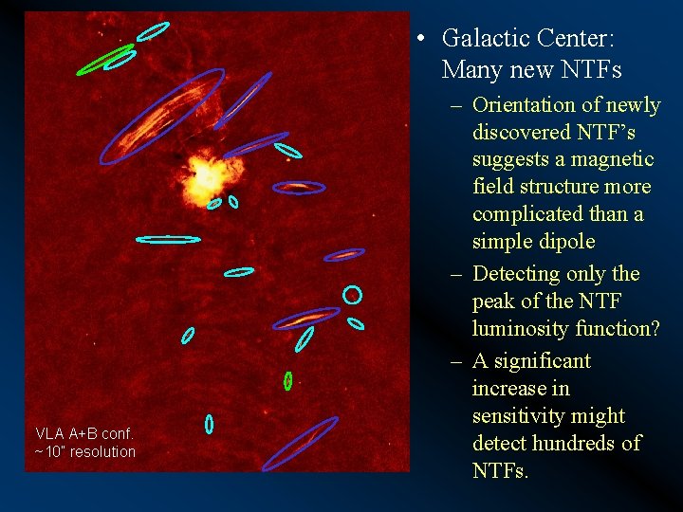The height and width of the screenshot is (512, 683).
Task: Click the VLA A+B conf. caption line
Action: click(x=83, y=433)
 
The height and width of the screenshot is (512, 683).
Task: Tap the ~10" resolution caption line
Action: click(x=85, y=452)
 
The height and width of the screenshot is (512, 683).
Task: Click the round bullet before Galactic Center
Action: click(x=421, y=40)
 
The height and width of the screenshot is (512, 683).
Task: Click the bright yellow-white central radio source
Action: click(x=204, y=177)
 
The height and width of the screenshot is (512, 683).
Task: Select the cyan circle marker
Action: click(x=352, y=295)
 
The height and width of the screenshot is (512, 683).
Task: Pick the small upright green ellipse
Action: click(x=287, y=380)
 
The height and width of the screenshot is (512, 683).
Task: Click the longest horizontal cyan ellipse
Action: click(x=168, y=239)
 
